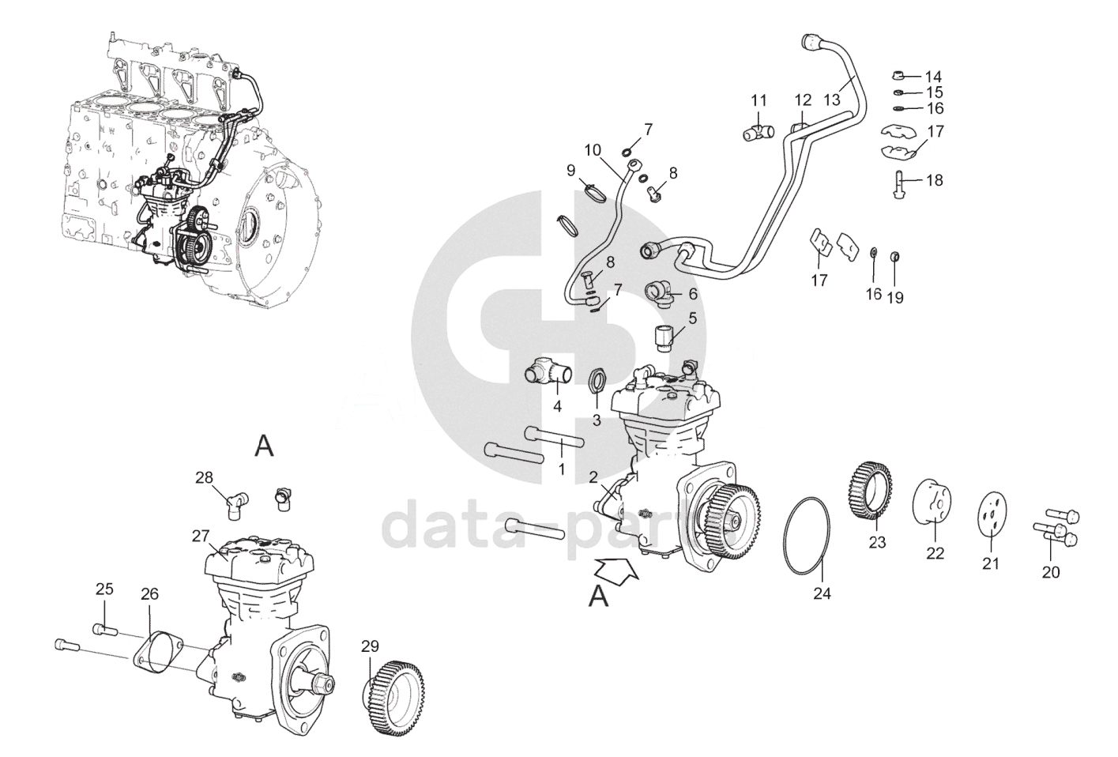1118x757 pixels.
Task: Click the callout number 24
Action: (823, 593)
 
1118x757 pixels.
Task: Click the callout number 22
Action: (935, 553)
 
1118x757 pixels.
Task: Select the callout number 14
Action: (933, 77)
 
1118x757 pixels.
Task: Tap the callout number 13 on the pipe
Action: (832, 100)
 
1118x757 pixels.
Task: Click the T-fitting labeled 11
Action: (758, 130)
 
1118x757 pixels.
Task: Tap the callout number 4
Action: (557, 407)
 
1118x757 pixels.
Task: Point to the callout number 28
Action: (205, 477)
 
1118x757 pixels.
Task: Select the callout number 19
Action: (895, 297)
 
